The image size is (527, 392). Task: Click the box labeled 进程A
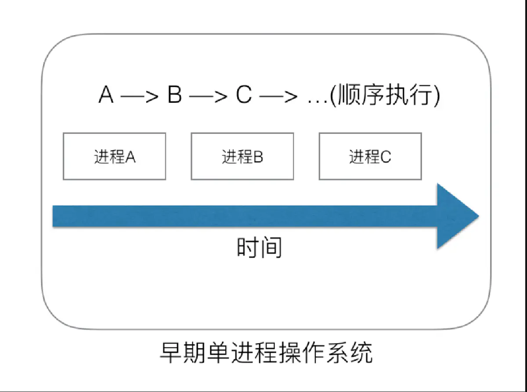tap(114, 157)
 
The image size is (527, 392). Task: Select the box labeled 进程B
tap(242, 157)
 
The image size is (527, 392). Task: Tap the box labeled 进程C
tap(370, 157)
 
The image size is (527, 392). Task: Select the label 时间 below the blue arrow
tap(259, 248)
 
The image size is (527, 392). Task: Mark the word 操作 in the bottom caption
tap(304, 353)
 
